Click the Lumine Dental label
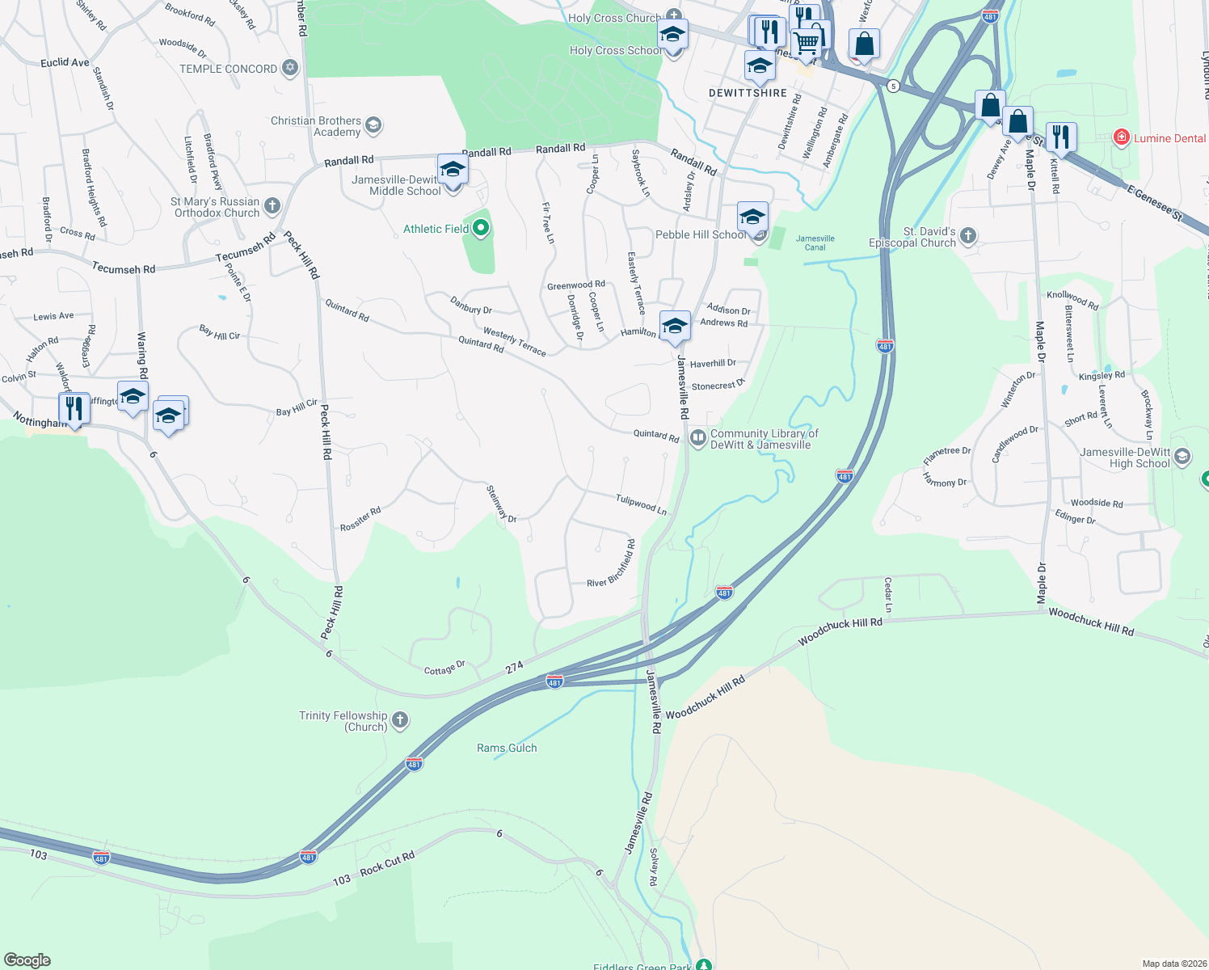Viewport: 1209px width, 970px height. click(x=1169, y=138)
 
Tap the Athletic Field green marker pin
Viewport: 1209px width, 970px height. click(x=481, y=229)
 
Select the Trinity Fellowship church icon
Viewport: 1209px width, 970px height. click(x=399, y=719)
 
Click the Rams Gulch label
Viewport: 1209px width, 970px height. click(x=507, y=748)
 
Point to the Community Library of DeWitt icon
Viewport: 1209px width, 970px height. click(x=697, y=437)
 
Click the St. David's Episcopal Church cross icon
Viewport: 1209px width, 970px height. click(x=968, y=236)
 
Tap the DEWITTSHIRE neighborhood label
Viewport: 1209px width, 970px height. click(x=748, y=93)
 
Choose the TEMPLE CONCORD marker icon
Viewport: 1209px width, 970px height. click(x=290, y=69)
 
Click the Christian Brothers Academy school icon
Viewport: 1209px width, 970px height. click(x=373, y=125)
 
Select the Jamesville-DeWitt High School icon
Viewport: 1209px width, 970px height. click(x=1182, y=458)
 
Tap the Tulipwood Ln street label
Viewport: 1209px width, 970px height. click(x=641, y=505)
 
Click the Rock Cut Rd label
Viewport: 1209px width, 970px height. click(x=387, y=863)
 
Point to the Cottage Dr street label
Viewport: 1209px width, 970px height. click(x=444, y=668)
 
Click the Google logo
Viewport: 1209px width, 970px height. click(x=27, y=960)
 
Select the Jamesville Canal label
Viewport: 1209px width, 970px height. click(x=815, y=242)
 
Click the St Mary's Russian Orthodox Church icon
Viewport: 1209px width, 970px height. click(x=272, y=206)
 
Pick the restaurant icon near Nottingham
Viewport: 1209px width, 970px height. click(x=74, y=408)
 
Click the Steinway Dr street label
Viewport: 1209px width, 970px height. click(x=500, y=504)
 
